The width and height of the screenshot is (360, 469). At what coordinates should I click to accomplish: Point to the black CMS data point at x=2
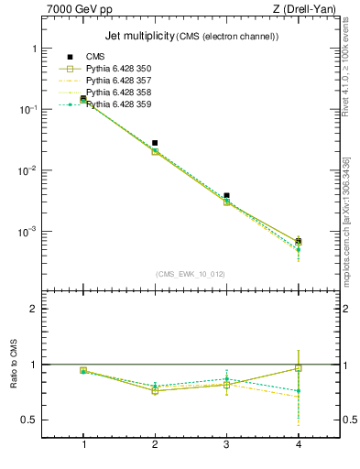pyautogui.click(x=155, y=143)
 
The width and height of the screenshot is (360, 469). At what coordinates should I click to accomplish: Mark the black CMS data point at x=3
pyautogui.click(x=226, y=195)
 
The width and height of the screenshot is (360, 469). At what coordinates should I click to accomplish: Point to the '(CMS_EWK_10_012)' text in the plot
pyautogui.click(x=191, y=274)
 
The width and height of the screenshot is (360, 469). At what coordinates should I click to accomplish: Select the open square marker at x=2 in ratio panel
pyautogui.click(x=155, y=391)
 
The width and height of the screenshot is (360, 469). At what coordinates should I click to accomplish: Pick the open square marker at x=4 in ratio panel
pyautogui.click(x=298, y=368)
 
